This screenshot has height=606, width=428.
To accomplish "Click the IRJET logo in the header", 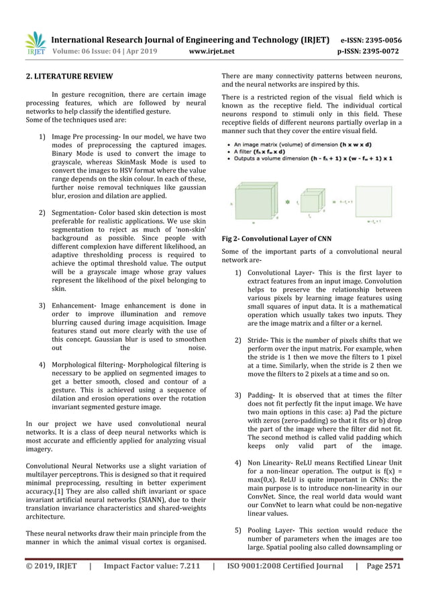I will (x=35, y=42).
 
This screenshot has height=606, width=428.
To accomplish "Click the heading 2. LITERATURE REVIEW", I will (x=68, y=76).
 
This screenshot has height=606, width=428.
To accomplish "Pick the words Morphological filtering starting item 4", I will (x=87, y=365).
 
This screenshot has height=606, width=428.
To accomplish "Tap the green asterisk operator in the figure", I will (x=288, y=200).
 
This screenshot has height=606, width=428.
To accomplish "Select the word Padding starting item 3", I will (x=260, y=396).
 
